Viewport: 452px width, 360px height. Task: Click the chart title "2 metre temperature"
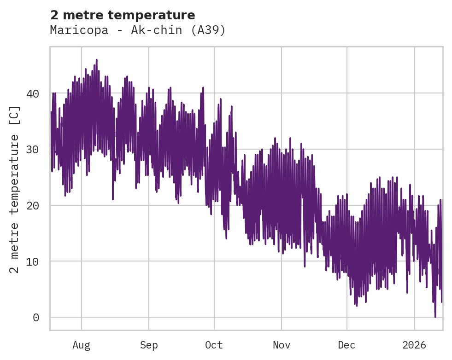(x=123, y=15)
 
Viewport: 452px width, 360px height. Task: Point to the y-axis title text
(x=15, y=189)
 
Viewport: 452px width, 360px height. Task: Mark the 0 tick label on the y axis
(x=36, y=318)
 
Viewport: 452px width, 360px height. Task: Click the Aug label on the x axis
(x=82, y=345)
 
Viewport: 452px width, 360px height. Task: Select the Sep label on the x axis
(x=149, y=345)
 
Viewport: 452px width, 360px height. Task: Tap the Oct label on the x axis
(x=214, y=345)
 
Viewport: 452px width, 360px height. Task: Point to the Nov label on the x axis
(x=281, y=345)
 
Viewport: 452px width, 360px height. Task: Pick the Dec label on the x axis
(x=346, y=345)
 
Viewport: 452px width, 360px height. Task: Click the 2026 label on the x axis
(x=414, y=345)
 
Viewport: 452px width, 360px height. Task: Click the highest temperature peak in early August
(x=96, y=60)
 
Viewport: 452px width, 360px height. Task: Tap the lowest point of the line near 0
(x=435, y=317)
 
